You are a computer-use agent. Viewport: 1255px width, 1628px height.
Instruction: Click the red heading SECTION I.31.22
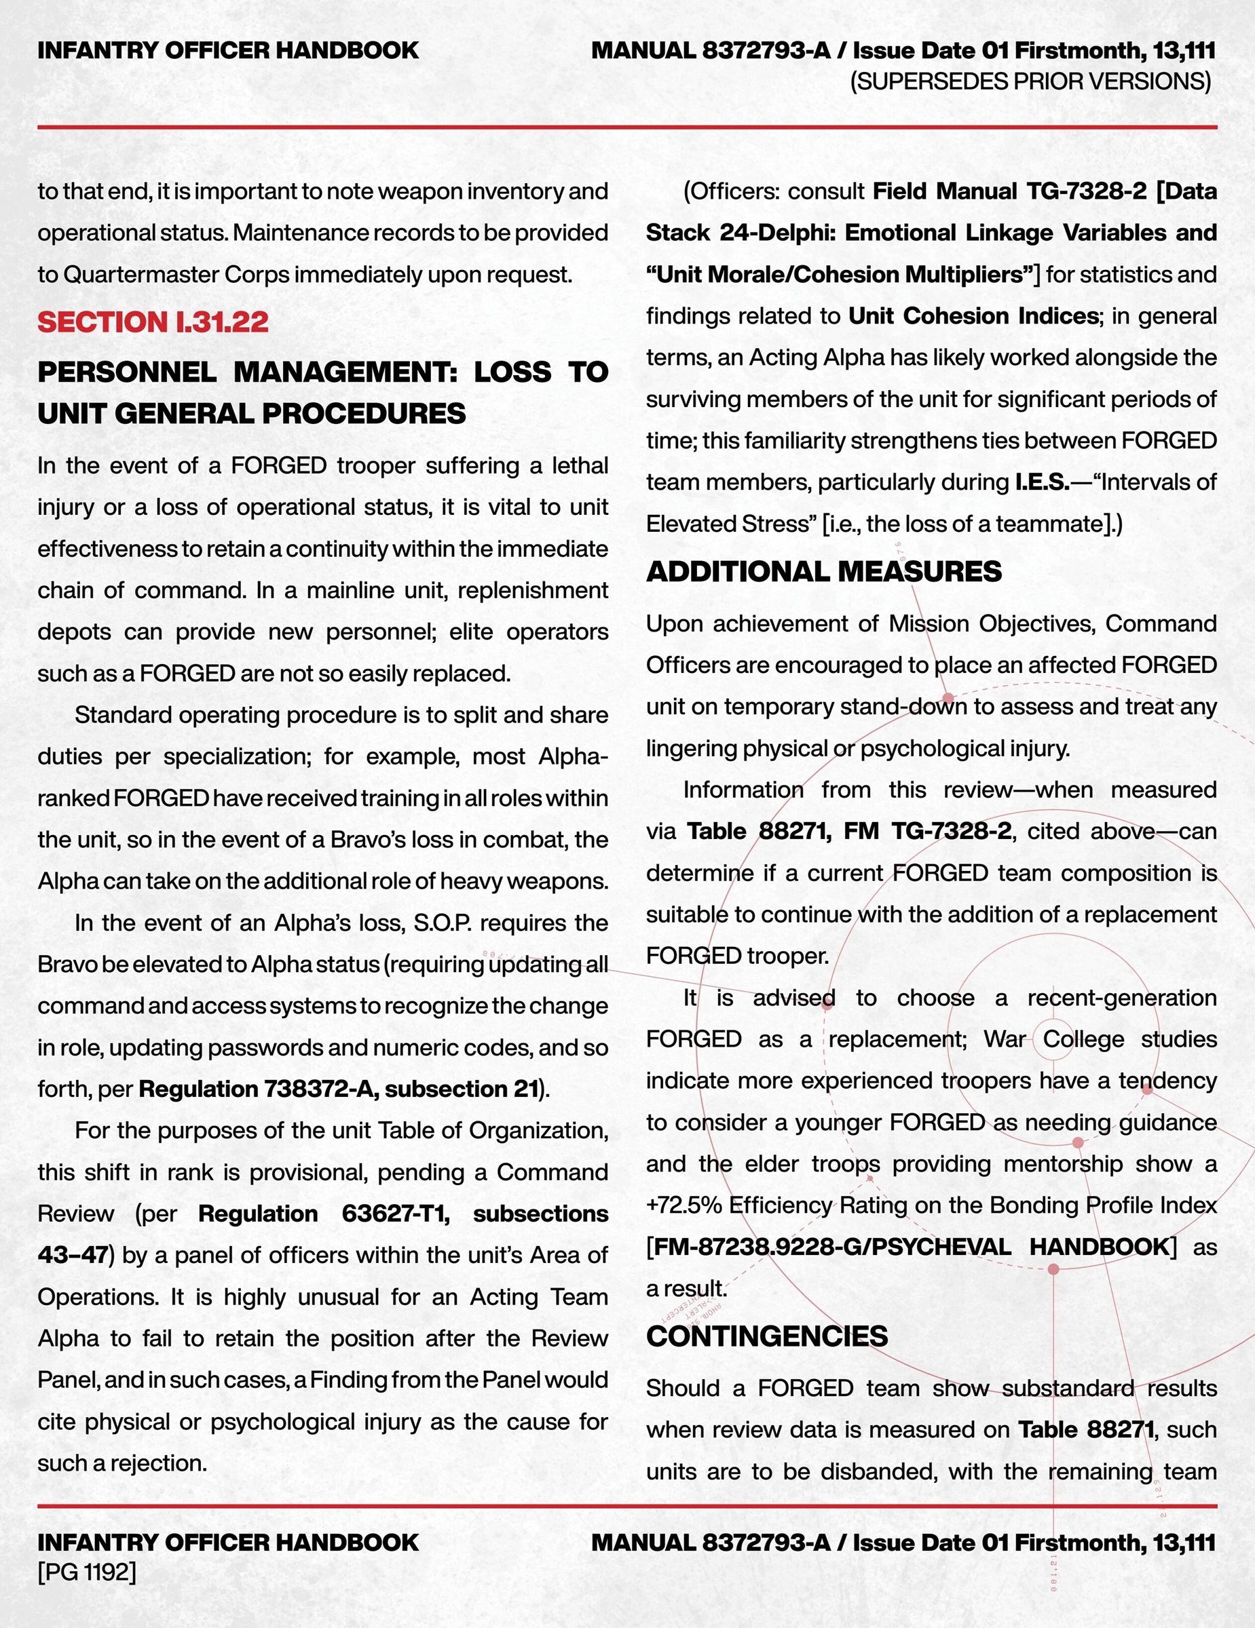(x=153, y=322)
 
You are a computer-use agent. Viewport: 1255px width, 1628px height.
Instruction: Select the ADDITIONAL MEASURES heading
(x=823, y=572)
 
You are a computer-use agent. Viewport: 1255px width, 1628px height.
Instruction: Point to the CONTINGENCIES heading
(x=766, y=1336)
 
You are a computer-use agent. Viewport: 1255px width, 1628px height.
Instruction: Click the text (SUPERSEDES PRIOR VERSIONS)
(x=1030, y=81)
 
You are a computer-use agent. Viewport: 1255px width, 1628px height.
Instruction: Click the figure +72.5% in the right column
(x=683, y=1205)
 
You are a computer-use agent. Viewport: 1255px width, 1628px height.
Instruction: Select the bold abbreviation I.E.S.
(x=1042, y=482)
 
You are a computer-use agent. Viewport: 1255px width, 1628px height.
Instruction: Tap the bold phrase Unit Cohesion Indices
(x=974, y=316)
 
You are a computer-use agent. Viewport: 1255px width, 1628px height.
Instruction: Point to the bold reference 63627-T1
(x=395, y=1214)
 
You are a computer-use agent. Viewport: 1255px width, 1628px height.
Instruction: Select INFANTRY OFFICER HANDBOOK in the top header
(x=228, y=51)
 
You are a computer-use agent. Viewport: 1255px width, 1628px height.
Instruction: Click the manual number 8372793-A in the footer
(x=766, y=1543)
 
